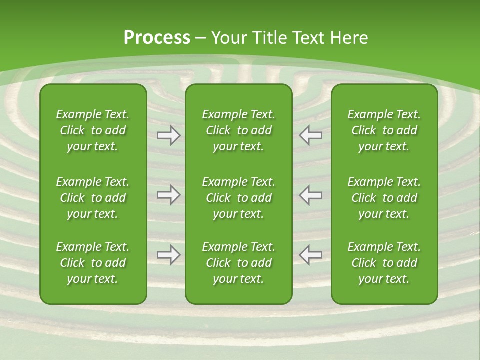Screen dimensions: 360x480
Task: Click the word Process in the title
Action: click(157, 38)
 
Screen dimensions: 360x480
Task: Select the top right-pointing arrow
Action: click(169, 135)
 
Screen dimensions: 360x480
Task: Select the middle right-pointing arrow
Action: click(169, 195)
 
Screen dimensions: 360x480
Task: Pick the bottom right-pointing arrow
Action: click(169, 255)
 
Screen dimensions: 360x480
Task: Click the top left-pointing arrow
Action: click(310, 135)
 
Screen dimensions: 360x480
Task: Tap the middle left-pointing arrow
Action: click(310, 195)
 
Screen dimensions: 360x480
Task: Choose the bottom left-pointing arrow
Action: click(310, 255)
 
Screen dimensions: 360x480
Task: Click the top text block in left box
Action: click(93, 130)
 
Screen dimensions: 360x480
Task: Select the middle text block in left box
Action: click(93, 198)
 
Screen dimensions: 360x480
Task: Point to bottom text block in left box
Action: click(93, 263)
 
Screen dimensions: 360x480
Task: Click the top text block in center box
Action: click(238, 130)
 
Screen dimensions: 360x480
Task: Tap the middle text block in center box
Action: click(238, 198)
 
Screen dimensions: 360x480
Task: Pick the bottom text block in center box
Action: click(238, 263)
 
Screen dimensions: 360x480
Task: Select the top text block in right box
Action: click(384, 130)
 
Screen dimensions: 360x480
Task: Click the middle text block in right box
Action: click(384, 198)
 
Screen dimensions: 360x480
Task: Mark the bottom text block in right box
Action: click(384, 263)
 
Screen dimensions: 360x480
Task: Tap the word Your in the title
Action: click(227, 38)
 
